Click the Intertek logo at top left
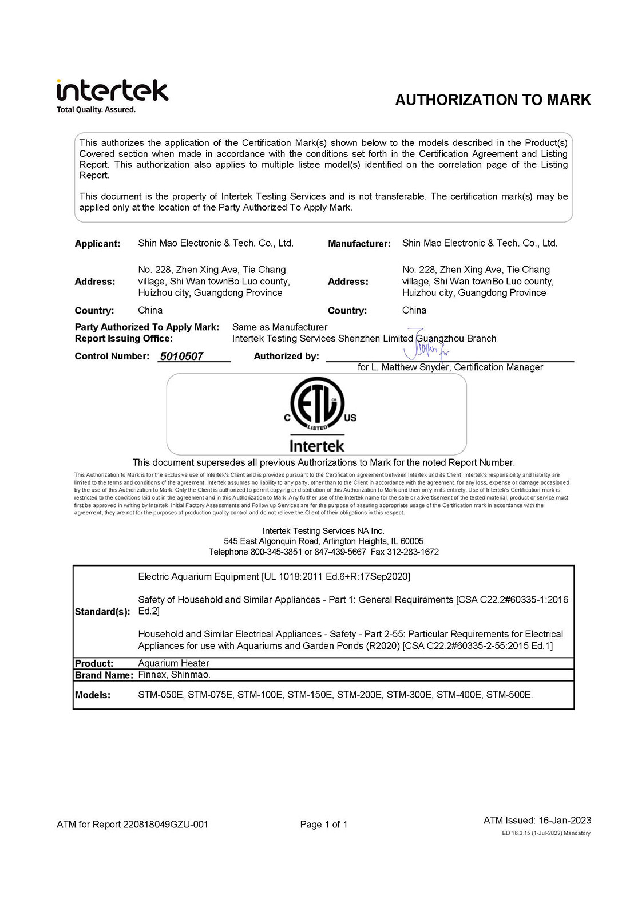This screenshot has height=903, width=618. [112, 91]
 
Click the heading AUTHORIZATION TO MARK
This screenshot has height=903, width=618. [493, 100]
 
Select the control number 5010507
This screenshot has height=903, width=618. [181, 356]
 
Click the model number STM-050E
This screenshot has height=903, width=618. [161, 695]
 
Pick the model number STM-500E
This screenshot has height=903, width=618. [509, 695]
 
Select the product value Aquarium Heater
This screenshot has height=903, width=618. [173, 663]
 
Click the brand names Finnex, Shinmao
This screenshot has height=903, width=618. [174, 675]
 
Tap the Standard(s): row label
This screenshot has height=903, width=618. [102, 612]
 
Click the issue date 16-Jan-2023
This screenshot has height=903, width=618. [565, 820]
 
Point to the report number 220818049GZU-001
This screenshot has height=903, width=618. [165, 825]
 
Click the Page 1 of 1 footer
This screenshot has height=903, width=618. [324, 825]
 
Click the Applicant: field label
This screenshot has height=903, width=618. [97, 244]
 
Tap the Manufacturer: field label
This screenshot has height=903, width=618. [359, 244]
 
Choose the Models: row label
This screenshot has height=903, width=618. [92, 695]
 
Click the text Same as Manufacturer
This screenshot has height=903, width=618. [280, 327]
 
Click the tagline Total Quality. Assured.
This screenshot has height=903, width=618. [96, 110]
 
